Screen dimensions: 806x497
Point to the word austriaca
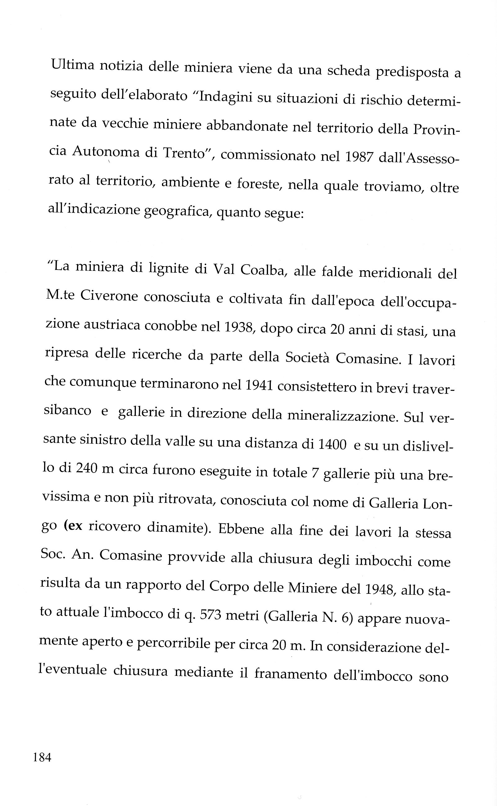[111, 325]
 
